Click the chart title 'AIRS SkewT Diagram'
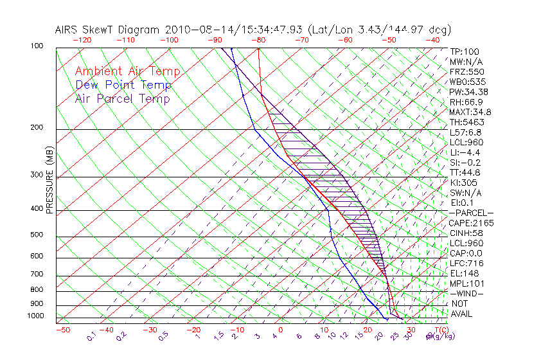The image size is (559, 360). [x=109, y=30]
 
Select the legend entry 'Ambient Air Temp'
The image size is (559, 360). [x=127, y=71]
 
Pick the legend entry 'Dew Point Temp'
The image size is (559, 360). [x=123, y=85]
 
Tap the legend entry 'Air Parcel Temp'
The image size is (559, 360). [x=122, y=98]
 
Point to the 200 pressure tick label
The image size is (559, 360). [x=37, y=127]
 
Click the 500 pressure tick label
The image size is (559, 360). [x=37, y=235]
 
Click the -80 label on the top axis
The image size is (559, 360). [x=258, y=39]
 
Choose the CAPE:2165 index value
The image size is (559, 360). [x=470, y=222]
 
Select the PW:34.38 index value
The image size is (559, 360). [x=469, y=91]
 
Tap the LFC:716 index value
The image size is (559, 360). [x=466, y=263]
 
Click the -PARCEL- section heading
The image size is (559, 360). [x=471, y=213]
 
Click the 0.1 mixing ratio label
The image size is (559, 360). [x=91, y=335]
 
